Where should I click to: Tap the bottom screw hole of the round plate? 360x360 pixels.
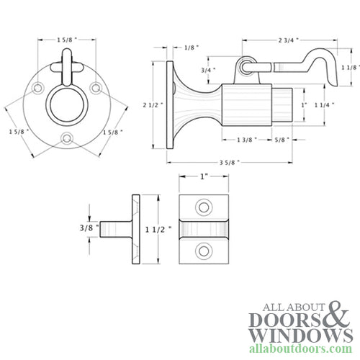coord(66,137)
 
